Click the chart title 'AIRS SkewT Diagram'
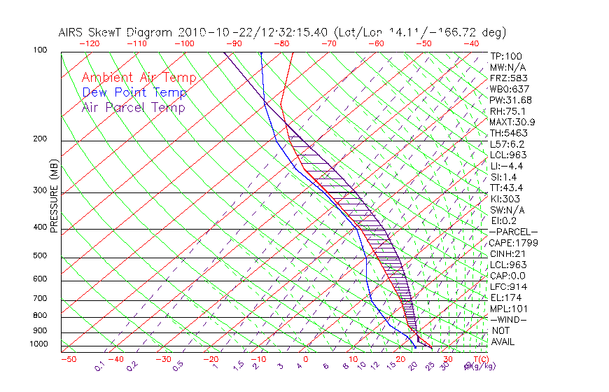(116, 33)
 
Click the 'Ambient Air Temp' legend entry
(139, 78)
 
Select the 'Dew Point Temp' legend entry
(134, 92)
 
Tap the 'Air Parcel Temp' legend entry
(133, 107)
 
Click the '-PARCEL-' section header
(513, 232)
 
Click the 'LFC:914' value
(508, 286)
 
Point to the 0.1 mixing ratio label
(100, 365)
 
